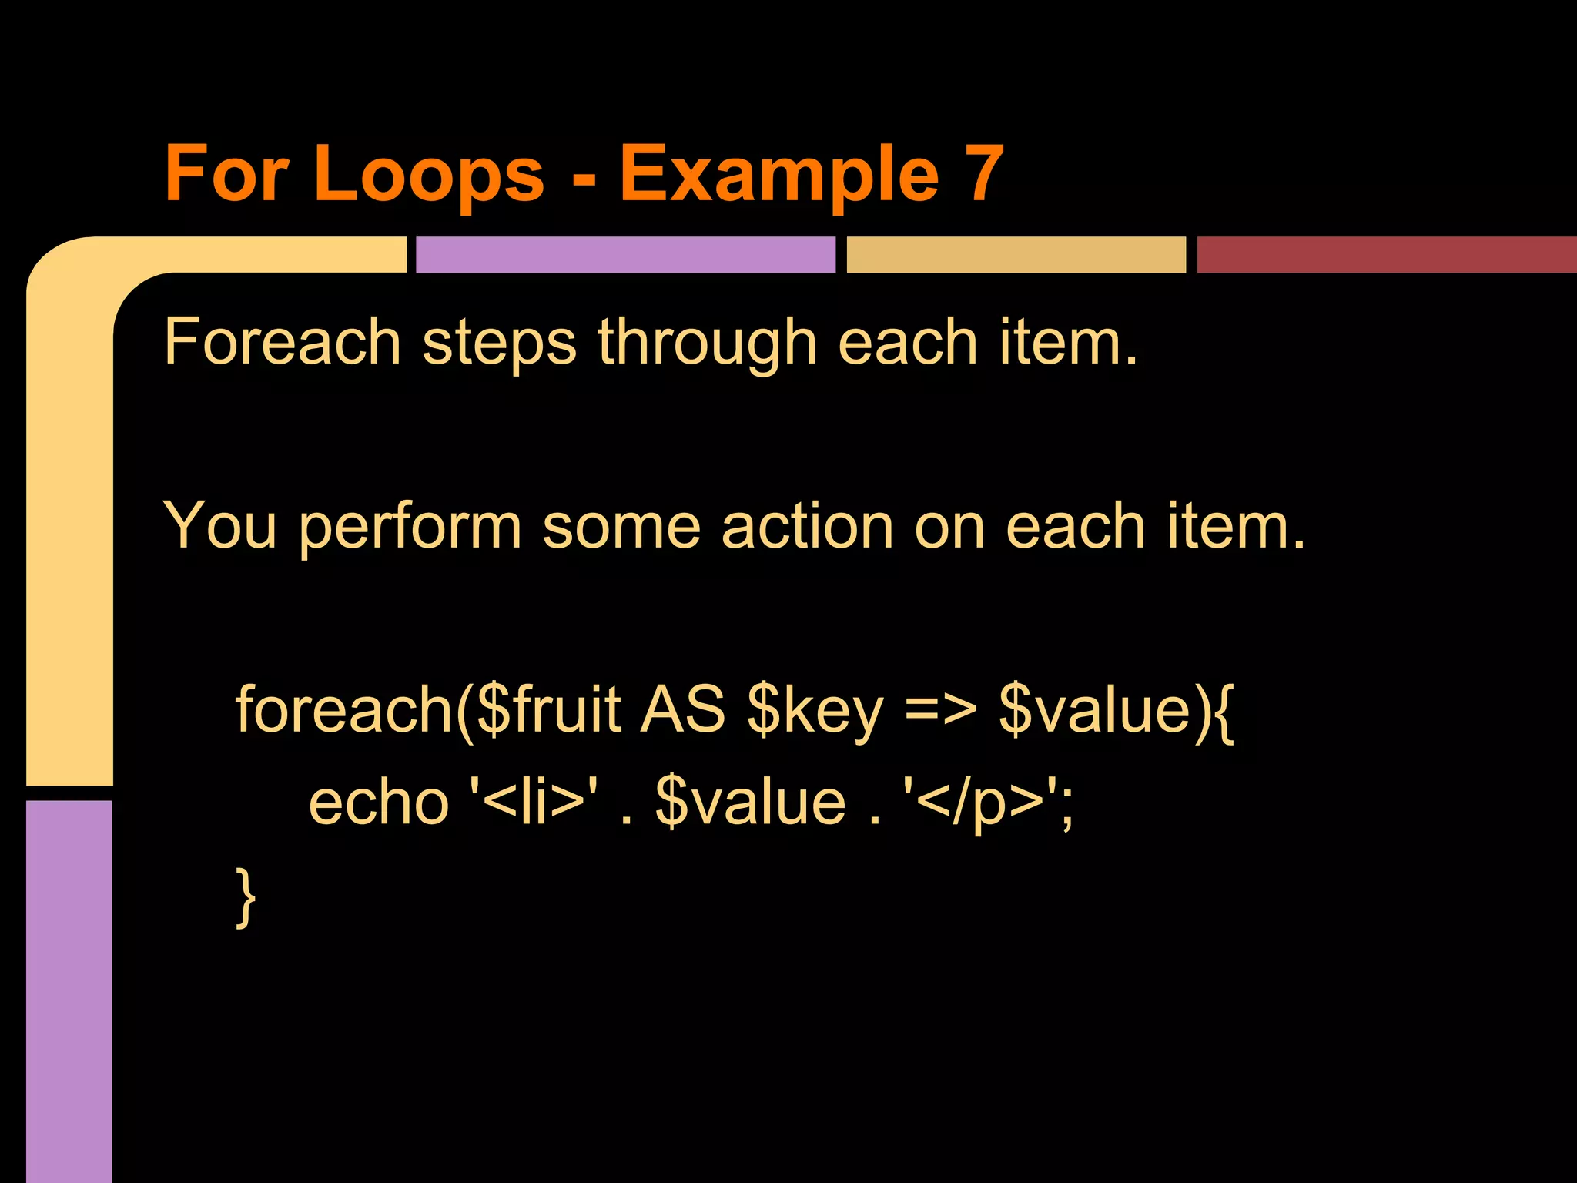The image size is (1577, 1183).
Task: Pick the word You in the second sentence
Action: (220, 527)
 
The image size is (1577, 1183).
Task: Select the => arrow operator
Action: (940, 710)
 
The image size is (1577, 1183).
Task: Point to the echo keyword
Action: (378, 803)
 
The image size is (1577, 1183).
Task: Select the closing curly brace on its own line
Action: (246, 897)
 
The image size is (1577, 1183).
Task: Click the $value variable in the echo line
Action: (751, 803)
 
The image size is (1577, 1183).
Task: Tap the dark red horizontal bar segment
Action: (1386, 255)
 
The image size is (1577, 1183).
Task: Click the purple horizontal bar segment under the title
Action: (625, 255)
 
